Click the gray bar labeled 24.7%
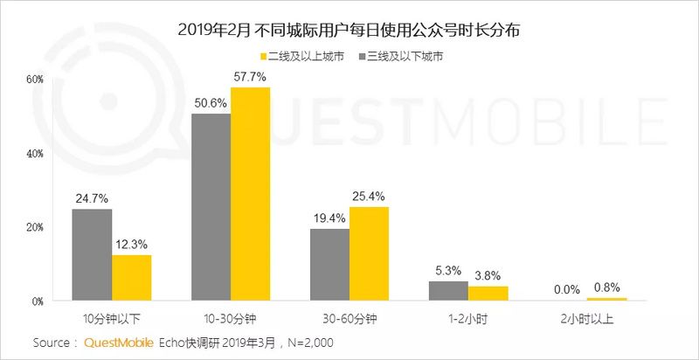click(x=92, y=254)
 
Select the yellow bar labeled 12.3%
click(x=131, y=278)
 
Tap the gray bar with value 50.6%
click(x=211, y=207)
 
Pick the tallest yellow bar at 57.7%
click(x=250, y=194)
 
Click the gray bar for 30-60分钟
click(x=329, y=265)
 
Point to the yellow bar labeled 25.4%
click(x=369, y=253)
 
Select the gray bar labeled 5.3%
click(x=448, y=291)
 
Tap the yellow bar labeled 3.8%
click(x=488, y=294)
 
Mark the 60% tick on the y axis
click(x=34, y=79)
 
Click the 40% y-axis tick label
click(x=34, y=153)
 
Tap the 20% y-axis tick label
click(x=34, y=227)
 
